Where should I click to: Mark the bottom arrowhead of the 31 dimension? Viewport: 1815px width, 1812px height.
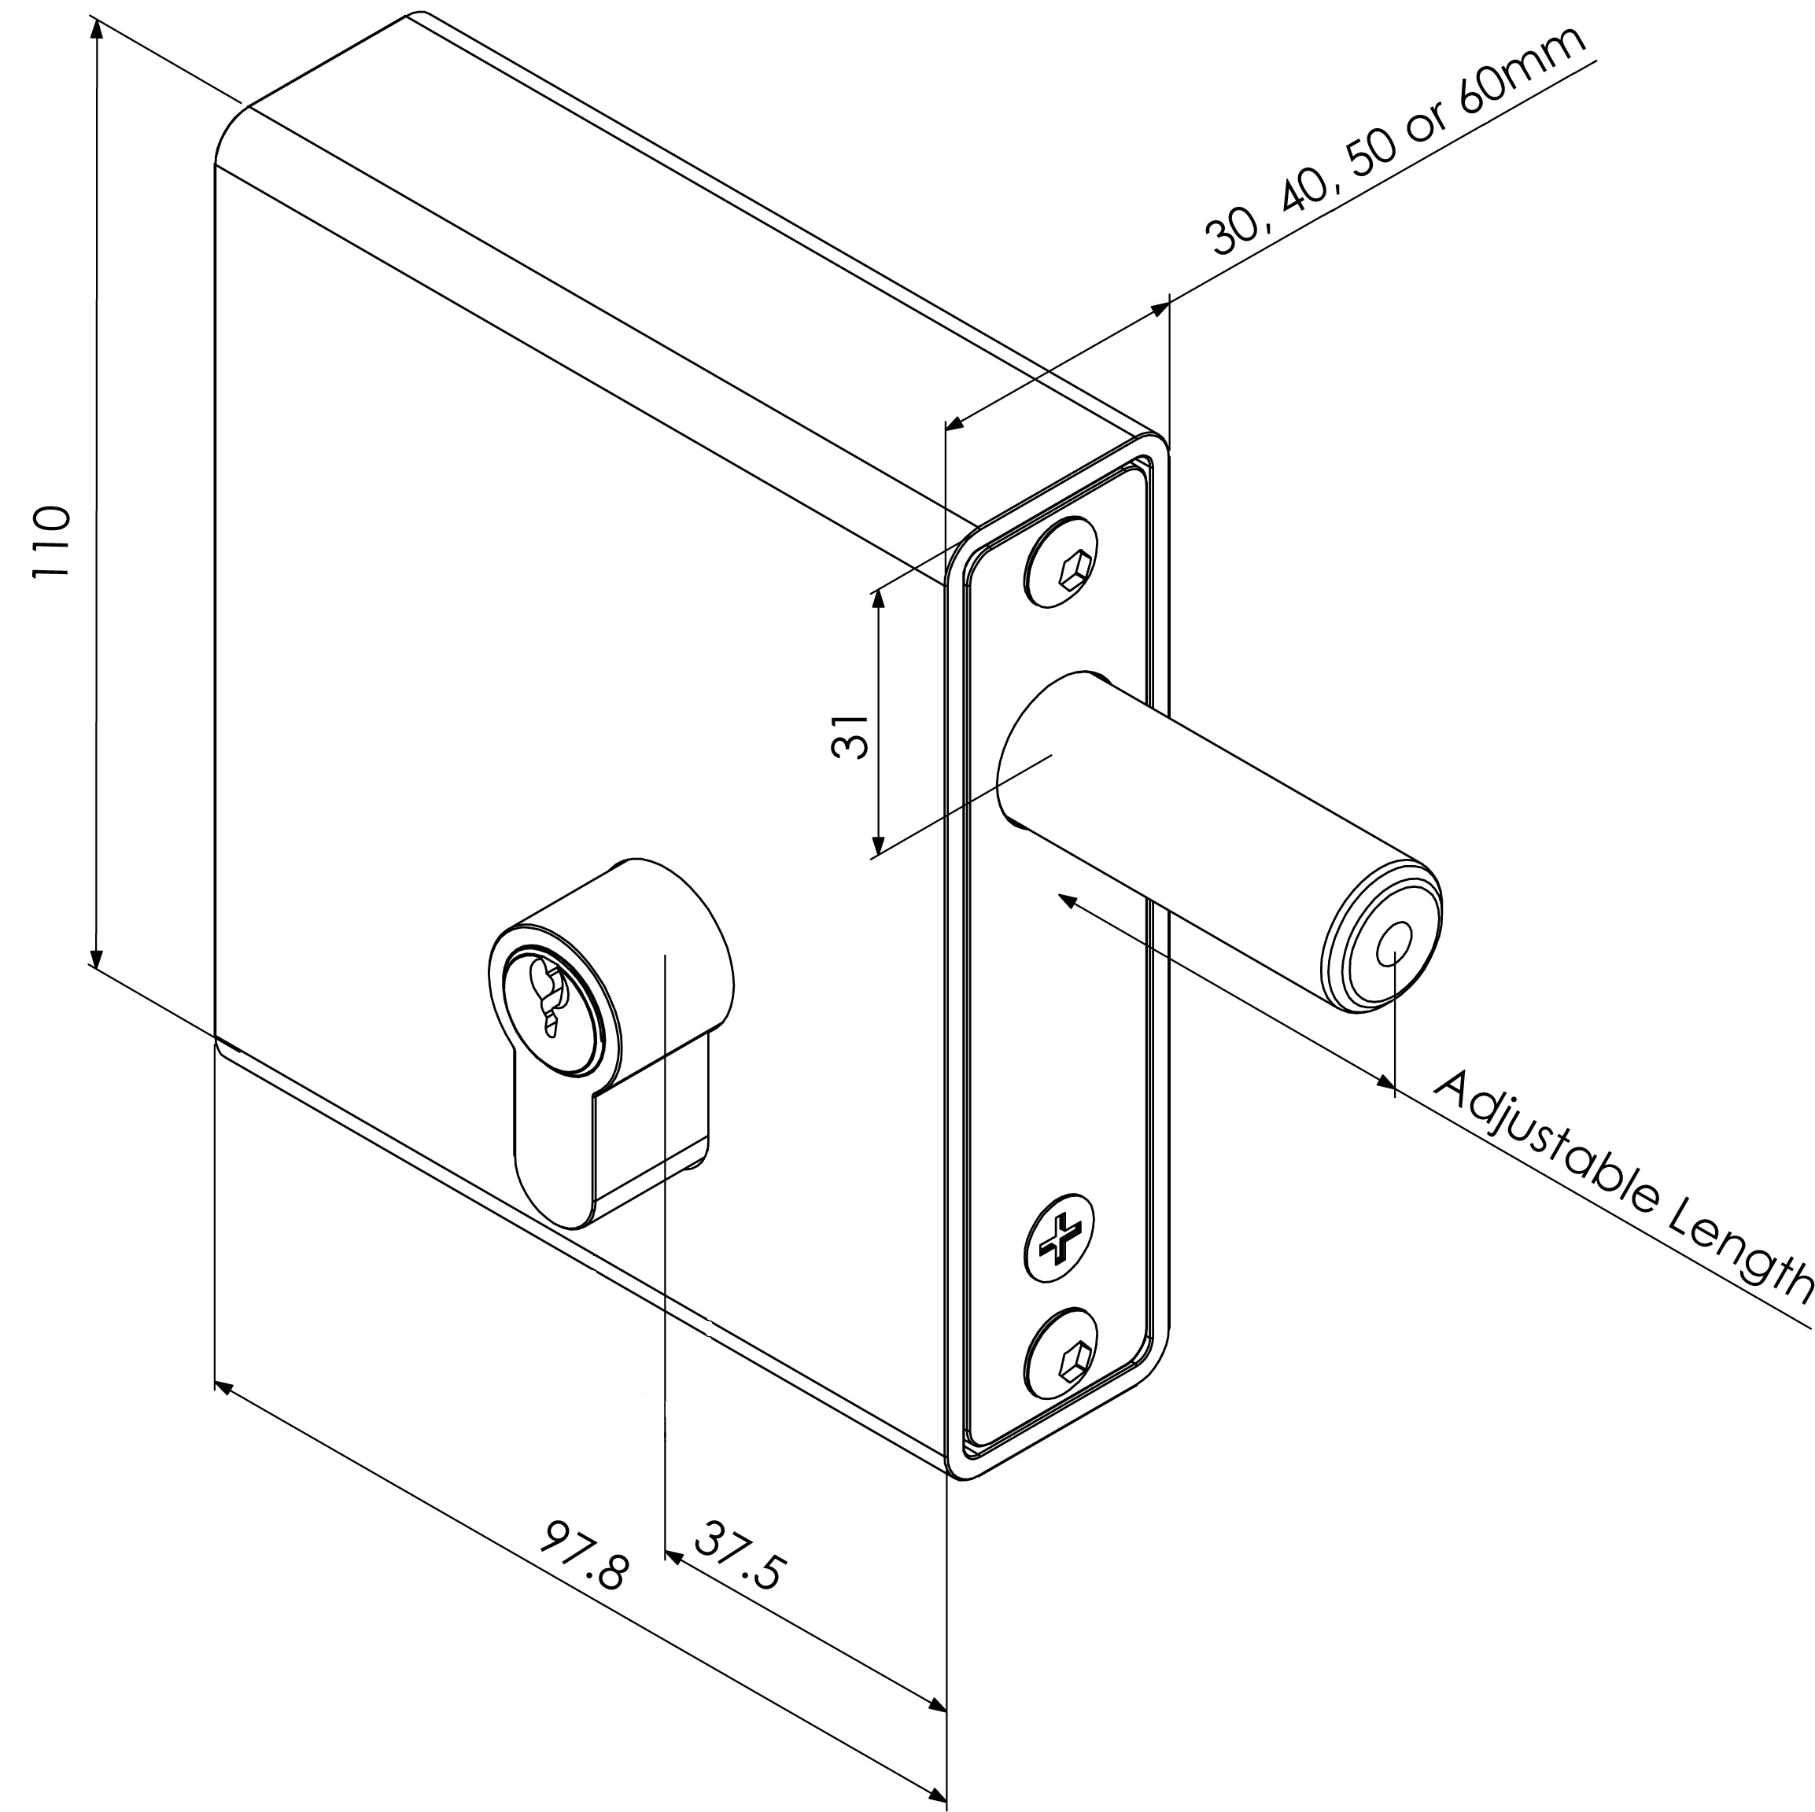click(x=877, y=842)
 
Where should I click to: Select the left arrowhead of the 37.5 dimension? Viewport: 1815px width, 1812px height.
click(x=673, y=1555)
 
